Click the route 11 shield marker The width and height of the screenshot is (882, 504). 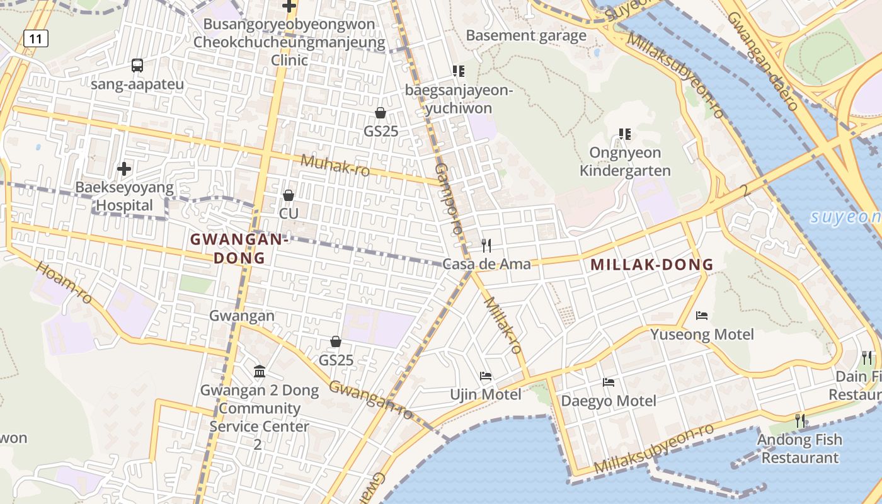(36, 39)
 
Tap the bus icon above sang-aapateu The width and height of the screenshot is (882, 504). (137, 65)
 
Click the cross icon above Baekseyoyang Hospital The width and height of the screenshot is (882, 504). (124, 168)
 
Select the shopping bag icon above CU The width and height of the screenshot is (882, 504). (289, 195)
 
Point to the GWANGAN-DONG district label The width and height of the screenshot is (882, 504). (239, 248)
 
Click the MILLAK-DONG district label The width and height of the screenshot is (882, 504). (652, 265)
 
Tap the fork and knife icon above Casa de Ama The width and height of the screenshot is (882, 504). (486, 245)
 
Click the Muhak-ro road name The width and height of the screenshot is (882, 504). (335, 165)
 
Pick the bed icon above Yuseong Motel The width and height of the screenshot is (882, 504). (702, 315)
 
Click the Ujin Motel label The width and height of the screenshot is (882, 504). (486, 394)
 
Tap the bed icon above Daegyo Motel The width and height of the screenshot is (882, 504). (609, 382)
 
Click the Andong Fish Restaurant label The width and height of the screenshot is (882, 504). (799, 448)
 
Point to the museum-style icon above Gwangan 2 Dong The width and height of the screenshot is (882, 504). (260, 371)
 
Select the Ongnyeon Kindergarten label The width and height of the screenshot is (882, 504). (625, 161)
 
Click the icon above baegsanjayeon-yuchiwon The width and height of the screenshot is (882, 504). (458, 71)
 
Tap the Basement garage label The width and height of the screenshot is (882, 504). (526, 35)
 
